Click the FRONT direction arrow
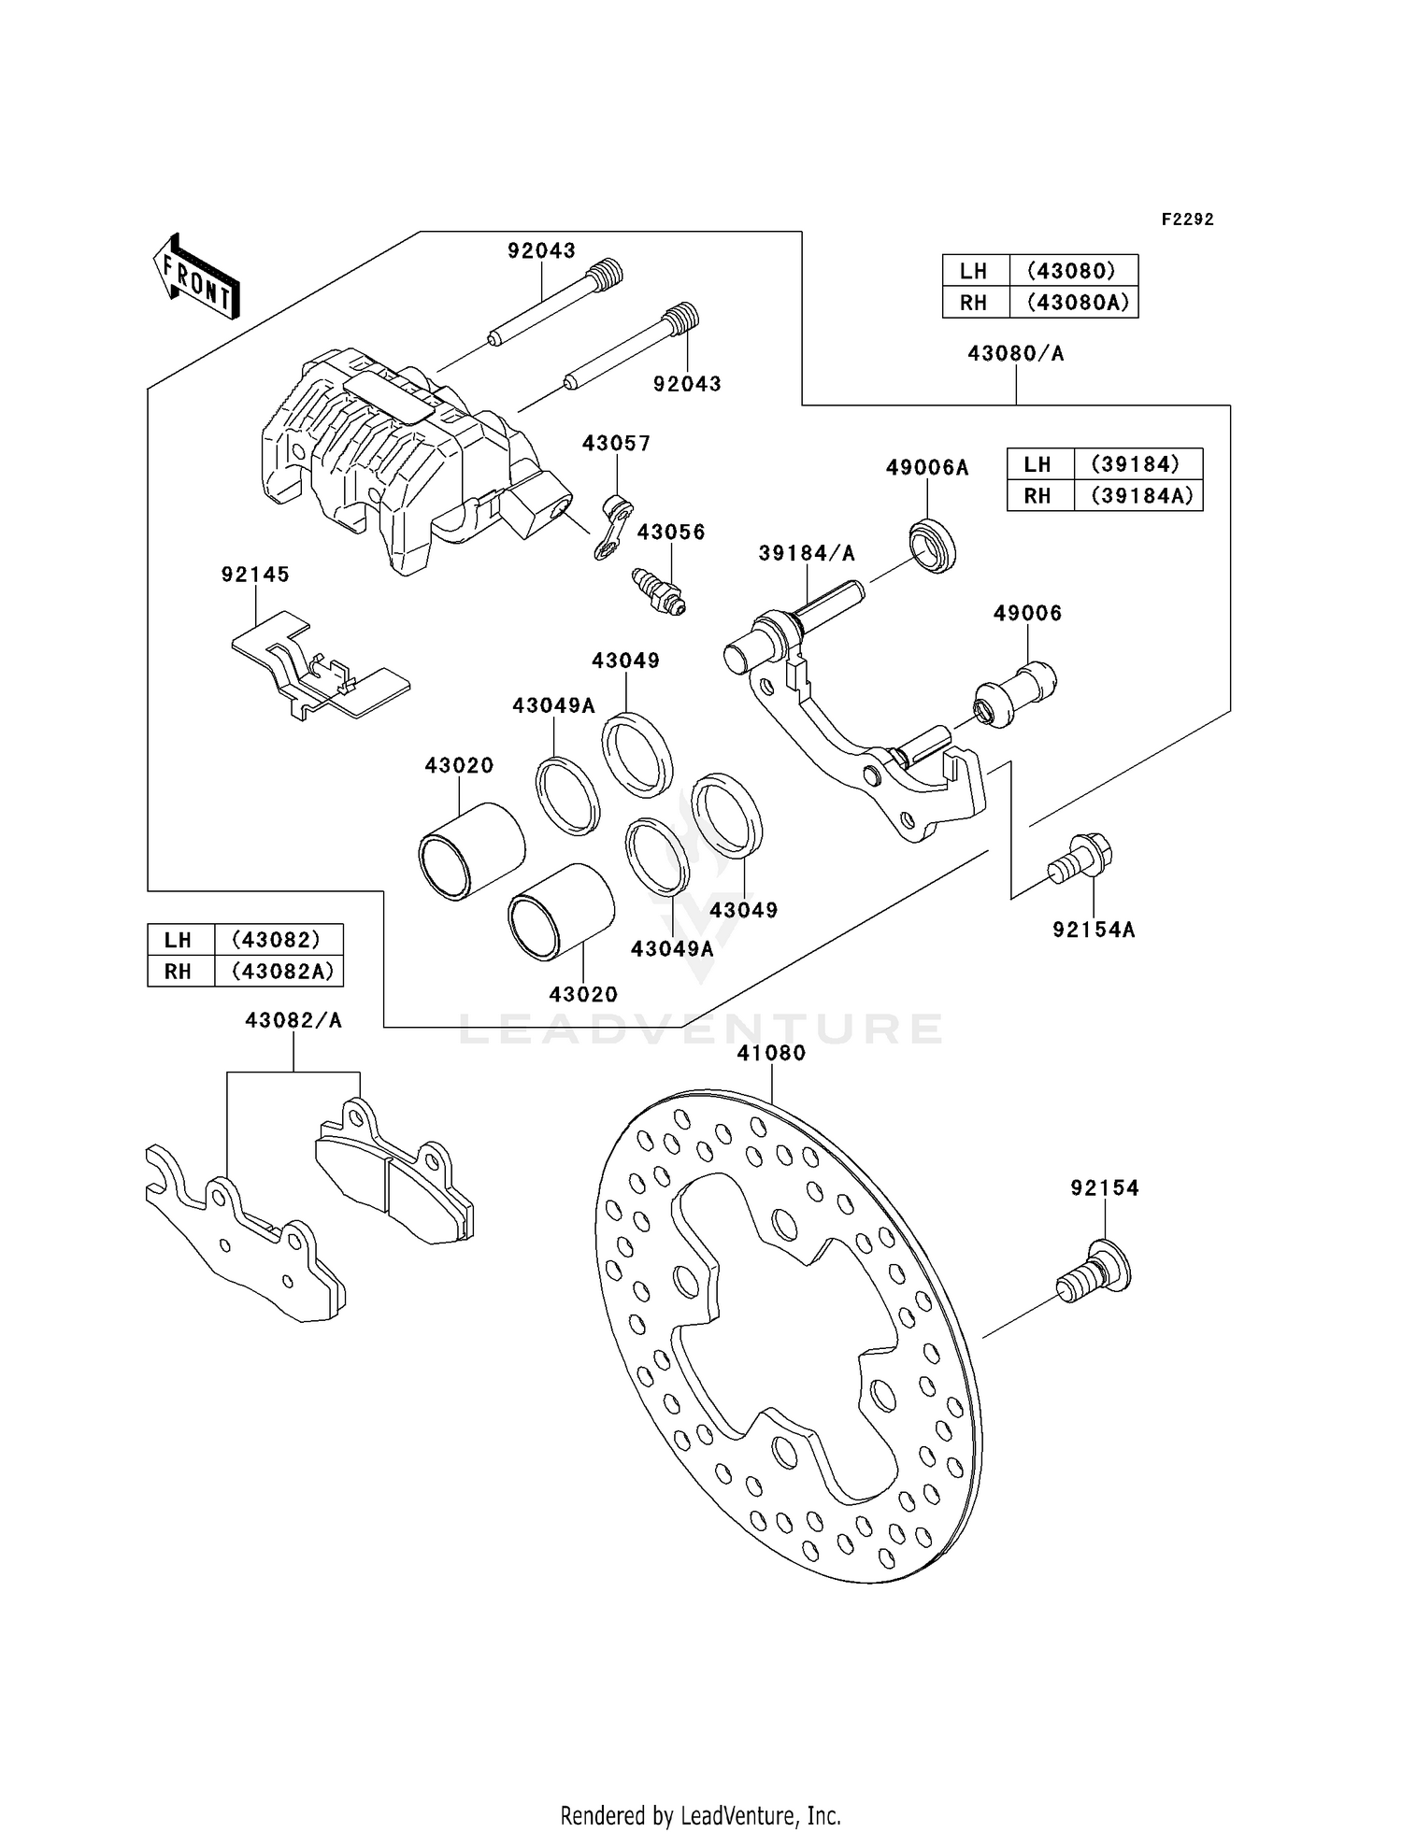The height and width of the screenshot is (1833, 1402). (196, 277)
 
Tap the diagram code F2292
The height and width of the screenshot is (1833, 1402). (1187, 220)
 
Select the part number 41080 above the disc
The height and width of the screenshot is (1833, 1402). (771, 1053)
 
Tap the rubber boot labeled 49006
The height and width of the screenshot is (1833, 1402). (1015, 694)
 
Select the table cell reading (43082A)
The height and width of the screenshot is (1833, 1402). (279, 972)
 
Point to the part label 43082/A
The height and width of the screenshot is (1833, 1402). (293, 1021)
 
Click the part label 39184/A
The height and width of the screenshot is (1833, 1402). (807, 553)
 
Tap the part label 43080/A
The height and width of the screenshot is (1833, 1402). (1016, 353)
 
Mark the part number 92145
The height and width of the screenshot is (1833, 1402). (255, 575)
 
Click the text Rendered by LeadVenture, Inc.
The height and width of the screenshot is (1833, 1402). (701, 1816)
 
